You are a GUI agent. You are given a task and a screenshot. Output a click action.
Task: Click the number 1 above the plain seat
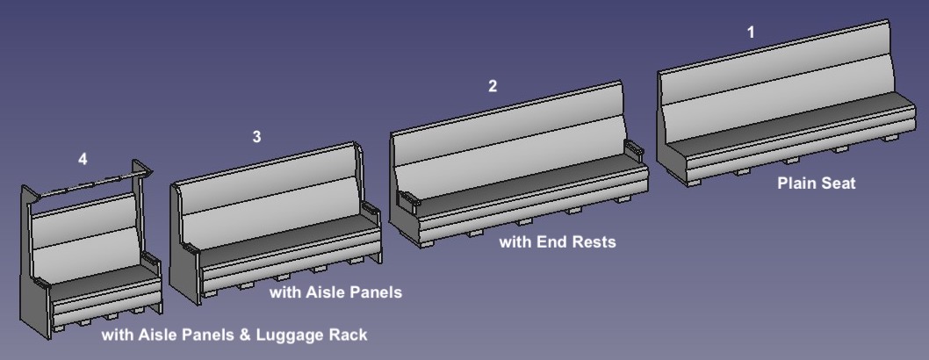(750, 32)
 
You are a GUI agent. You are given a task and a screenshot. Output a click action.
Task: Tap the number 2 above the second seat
(493, 86)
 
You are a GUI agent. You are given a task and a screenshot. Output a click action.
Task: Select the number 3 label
(256, 137)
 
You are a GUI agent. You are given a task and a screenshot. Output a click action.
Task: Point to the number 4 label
(83, 159)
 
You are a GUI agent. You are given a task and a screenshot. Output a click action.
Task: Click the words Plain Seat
(816, 184)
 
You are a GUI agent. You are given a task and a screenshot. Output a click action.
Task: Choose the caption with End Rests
(558, 241)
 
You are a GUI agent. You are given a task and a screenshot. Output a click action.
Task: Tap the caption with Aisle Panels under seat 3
(335, 292)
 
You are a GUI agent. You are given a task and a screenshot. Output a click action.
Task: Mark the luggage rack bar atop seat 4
(88, 185)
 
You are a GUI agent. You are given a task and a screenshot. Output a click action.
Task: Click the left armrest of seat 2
(408, 199)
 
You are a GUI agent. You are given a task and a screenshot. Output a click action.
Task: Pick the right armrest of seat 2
(636, 150)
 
